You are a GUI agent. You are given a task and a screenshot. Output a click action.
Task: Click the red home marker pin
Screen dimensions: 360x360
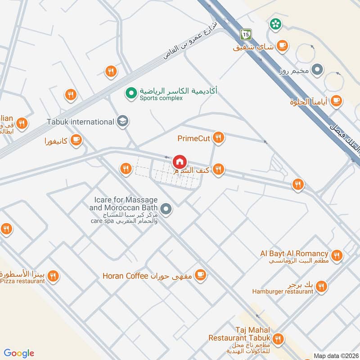179,161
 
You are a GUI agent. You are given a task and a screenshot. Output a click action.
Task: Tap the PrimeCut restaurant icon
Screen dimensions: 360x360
218,138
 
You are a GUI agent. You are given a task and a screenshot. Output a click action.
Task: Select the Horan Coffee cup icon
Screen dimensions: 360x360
200,275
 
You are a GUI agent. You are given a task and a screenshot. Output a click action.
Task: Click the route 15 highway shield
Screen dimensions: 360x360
245,34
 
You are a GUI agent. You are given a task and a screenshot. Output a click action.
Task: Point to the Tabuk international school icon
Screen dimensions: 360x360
122,121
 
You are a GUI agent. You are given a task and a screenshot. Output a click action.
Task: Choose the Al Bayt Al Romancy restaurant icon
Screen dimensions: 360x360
337,255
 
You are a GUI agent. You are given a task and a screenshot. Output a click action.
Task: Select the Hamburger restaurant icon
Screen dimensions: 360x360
321,286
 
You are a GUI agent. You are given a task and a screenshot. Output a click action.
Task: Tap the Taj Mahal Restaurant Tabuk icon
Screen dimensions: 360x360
279,338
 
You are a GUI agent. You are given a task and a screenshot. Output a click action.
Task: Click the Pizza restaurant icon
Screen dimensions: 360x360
54,275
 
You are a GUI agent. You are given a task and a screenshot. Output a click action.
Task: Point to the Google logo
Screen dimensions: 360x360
19,353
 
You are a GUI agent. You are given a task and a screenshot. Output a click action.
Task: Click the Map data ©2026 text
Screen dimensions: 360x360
336,355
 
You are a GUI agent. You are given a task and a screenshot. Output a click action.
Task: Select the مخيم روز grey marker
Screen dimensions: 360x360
318,70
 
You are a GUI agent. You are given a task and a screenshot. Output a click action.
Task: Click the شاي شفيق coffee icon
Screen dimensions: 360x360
283,45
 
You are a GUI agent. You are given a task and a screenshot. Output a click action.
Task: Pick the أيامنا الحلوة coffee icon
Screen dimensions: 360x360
336,102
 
